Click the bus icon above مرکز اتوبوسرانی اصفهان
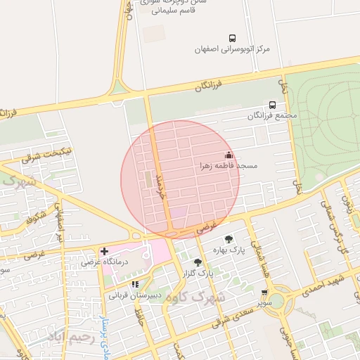(233, 38)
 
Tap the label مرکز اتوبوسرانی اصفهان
(233, 50)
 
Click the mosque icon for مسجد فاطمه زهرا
(228, 155)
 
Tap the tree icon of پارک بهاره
(229, 239)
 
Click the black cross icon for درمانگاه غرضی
(104, 250)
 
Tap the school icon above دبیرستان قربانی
(135, 284)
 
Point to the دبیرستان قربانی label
(135, 295)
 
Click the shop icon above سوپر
(264, 292)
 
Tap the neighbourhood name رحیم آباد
(70, 337)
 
